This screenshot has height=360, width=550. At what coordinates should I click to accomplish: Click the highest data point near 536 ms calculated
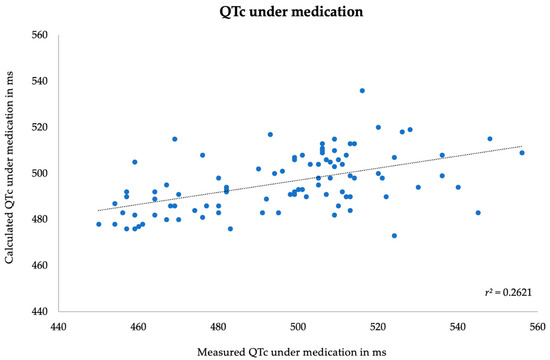coord(362,90)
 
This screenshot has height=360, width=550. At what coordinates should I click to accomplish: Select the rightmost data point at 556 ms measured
coord(522,153)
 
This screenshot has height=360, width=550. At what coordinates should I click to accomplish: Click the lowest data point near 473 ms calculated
coord(394,235)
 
